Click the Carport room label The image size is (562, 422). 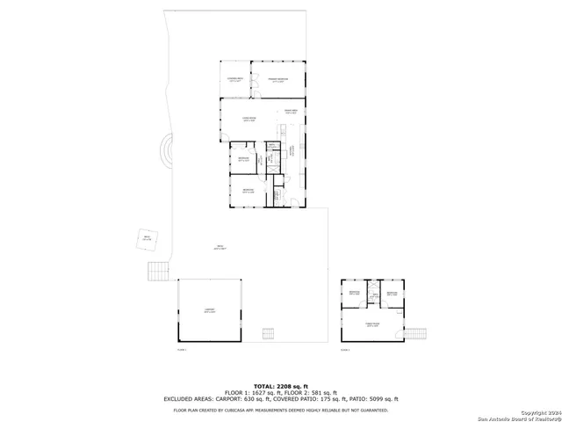pos(209,310)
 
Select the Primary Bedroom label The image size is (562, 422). pos(278,80)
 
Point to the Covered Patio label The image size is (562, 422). pos(234,80)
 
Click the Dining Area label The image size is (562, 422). pos(290,112)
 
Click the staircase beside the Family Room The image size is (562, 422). pos(416,332)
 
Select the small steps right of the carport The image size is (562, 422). pos(269,332)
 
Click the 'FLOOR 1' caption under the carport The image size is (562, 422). pos(183,350)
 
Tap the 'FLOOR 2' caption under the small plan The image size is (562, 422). pos(345,350)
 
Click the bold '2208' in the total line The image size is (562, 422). pos(285,386)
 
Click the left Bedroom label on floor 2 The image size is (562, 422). pos(354,292)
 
